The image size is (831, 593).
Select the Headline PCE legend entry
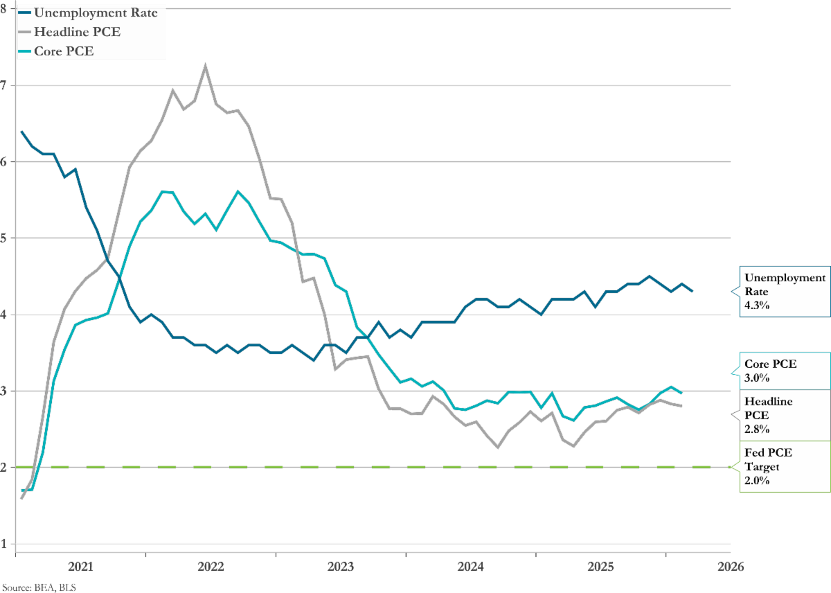coord(78,32)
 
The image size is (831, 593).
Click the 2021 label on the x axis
coord(81,567)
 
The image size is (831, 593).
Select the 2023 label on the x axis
coord(341,567)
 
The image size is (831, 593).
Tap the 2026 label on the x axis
coord(730,567)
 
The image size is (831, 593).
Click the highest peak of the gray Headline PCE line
coord(206,67)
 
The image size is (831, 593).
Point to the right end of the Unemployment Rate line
coord(692,292)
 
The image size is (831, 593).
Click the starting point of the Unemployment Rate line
coord(22,131)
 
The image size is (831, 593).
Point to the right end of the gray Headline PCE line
coord(682,406)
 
